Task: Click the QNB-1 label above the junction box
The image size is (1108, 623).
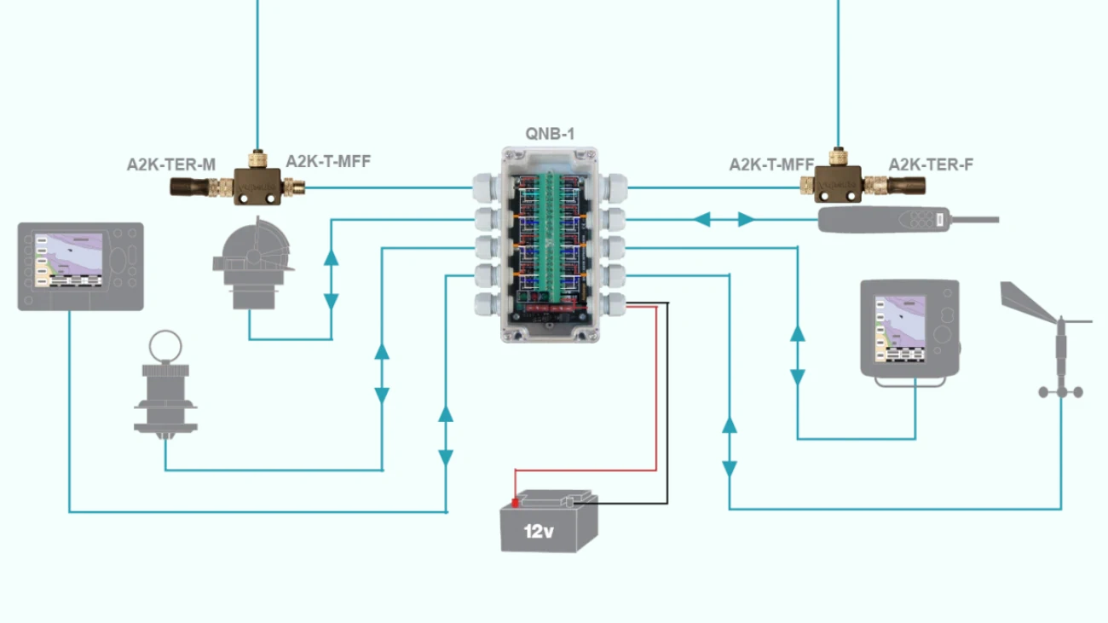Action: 550,134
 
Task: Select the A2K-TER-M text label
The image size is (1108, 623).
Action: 170,164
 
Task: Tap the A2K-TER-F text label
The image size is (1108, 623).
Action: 930,164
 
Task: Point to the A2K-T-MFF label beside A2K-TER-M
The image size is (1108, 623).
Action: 328,161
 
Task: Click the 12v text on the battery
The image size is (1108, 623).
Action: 539,532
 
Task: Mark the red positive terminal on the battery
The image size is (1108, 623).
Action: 515,503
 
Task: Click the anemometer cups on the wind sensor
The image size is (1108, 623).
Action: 1060,391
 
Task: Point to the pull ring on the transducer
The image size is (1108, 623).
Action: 164,347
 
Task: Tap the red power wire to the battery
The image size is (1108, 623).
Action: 655,392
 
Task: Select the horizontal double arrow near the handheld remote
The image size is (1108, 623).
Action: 723,220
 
